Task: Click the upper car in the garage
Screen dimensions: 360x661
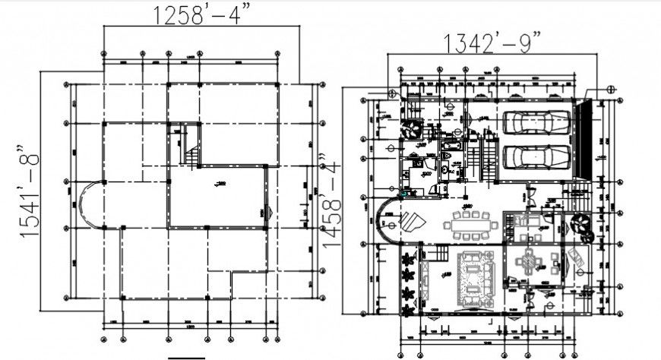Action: coord(536,122)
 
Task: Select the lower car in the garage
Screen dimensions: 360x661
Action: coord(536,156)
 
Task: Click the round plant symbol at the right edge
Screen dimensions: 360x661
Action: coord(581,223)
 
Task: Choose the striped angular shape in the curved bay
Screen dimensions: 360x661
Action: coord(414,223)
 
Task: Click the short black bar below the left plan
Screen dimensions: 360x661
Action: coord(187,356)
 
